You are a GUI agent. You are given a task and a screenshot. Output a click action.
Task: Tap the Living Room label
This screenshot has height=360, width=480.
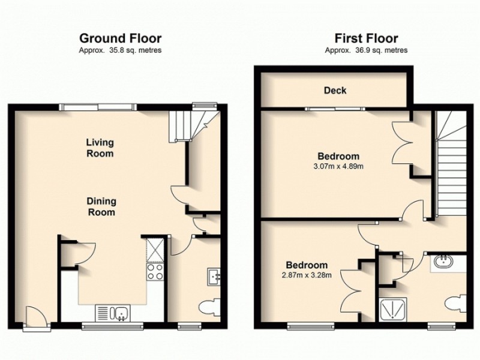point(100,148)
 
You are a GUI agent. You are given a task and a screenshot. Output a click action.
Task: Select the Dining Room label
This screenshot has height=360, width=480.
point(102,206)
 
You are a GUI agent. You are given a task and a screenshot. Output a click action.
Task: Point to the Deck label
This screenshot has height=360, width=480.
point(335,91)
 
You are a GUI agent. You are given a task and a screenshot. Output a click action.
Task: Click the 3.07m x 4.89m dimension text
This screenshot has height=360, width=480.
point(338,166)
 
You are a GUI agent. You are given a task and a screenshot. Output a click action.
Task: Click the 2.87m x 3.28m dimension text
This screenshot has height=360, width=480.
point(306,275)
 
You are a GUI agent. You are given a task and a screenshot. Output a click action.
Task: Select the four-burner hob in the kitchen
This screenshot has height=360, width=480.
point(154,272)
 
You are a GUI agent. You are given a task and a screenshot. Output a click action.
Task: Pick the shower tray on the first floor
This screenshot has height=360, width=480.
point(394,309)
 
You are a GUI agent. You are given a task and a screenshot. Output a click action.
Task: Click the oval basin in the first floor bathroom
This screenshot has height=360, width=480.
point(443,262)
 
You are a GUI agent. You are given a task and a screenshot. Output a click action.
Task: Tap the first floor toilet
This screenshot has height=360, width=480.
point(458,304)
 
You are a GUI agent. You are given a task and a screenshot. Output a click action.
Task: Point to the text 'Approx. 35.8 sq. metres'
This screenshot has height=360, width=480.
point(120,50)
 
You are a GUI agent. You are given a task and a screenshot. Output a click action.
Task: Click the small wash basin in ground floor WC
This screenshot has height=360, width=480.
point(214,276)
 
